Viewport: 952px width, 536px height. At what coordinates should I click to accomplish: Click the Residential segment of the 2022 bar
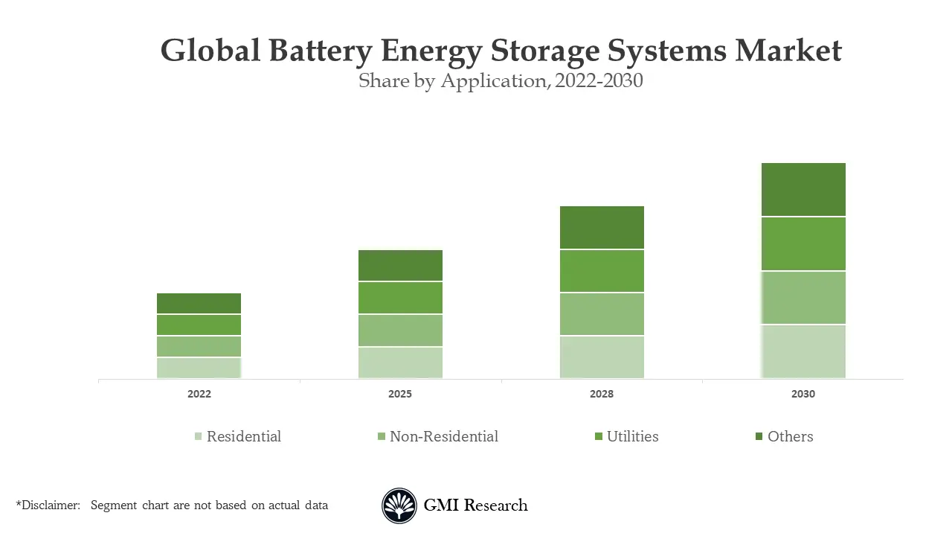pyautogui.click(x=199, y=368)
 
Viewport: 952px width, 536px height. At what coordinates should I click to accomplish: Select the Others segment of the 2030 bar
pyautogui.click(x=803, y=189)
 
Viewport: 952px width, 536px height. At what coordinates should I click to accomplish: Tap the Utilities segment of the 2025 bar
pyautogui.click(x=400, y=298)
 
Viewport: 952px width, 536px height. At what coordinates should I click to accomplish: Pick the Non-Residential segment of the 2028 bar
pyautogui.click(x=602, y=314)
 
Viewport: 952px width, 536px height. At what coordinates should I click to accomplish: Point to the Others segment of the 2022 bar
pyautogui.click(x=199, y=304)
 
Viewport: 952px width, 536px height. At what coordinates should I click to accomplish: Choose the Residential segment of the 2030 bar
pyautogui.click(x=803, y=351)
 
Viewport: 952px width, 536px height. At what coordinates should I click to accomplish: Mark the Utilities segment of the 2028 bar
pyautogui.click(x=602, y=271)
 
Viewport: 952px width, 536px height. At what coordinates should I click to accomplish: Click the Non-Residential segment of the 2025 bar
pyautogui.click(x=400, y=331)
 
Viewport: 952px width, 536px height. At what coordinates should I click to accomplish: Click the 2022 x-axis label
pyautogui.click(x=199, y=394)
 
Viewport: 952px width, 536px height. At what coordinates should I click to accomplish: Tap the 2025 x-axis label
pyautogui.click(x=400, y=394)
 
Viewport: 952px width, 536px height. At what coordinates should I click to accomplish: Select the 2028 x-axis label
pyautogui.click(x=602, y=394)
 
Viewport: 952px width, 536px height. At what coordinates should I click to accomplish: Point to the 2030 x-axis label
pyautogui.click(x=803, y=394)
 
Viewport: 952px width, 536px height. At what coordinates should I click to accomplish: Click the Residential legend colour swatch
pyautogui.click(x=198, y=437)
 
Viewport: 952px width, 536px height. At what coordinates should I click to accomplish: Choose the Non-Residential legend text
pyautogui.click(x=443, y=437)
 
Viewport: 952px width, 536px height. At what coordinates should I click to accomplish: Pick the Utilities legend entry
pyautogui.click(x=626, y=437)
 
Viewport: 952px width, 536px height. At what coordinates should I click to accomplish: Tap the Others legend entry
pyautogui.click(x=784, y=437)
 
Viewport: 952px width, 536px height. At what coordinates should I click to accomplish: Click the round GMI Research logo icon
pyautogui.click(x=399, y=506)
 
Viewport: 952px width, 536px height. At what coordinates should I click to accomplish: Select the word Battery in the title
pyautogui.click(x=321, y=51)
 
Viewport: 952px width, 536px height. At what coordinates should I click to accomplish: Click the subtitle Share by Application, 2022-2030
pyautogui.click(x=501, y=80)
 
